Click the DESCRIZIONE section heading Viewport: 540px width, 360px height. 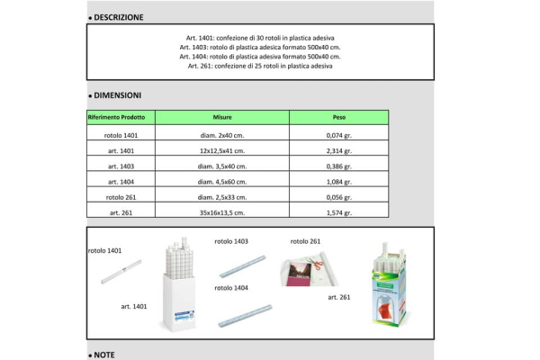coord(118,17)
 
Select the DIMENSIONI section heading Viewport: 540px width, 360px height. coord(116,94)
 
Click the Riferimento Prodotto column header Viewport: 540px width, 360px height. coord(121,117)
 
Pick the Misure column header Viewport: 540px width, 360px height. coord(222,117)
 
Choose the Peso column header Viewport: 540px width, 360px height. coord(338,117)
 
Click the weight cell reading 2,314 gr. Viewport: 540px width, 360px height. coord(338,150)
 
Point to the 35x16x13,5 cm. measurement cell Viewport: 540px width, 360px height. coord(222,213)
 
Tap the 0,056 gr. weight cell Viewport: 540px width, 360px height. coord(338,197)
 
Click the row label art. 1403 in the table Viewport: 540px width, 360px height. coord(121,166)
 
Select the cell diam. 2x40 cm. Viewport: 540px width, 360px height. coord(222,134)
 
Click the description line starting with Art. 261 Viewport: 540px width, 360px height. coord(260,67)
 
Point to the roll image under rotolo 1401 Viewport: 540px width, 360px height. coord(121,267)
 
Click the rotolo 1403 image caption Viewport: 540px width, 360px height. coord(231,241)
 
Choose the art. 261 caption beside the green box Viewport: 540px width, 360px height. coord(339,297)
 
